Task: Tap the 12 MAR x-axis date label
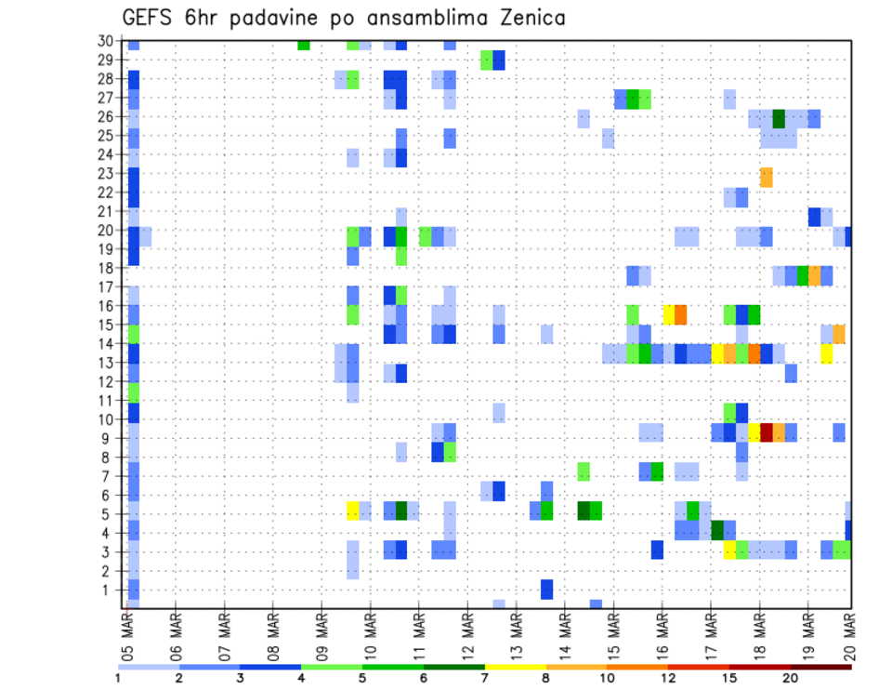468,631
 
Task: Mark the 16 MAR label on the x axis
662,631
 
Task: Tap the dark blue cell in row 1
547,590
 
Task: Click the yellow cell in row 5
353,511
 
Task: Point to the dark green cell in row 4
717,530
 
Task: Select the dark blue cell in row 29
499,60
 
